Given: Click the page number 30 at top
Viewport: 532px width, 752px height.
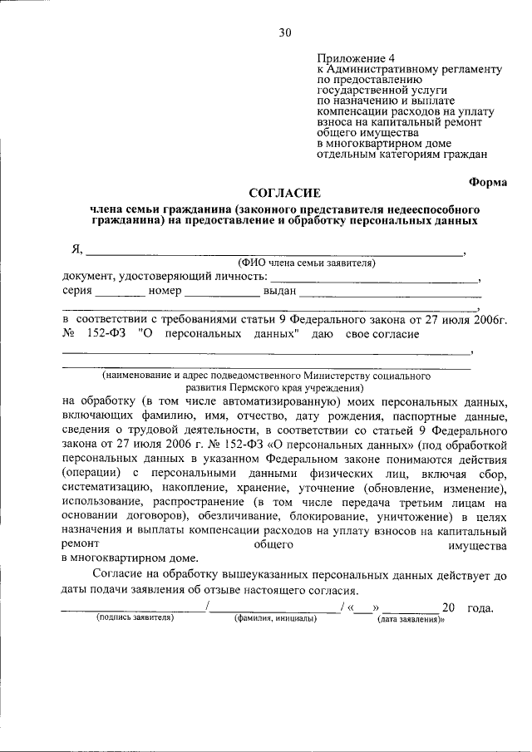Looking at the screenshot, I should (x=285, y=32).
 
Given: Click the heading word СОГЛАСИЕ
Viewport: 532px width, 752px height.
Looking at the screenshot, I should (x=284, y=193).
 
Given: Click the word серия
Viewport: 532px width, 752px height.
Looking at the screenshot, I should (x=76, y=292).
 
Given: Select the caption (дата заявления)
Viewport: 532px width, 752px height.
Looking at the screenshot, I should (x=411, y=619).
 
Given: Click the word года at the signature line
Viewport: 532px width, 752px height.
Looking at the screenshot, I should (x=480, y=607).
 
